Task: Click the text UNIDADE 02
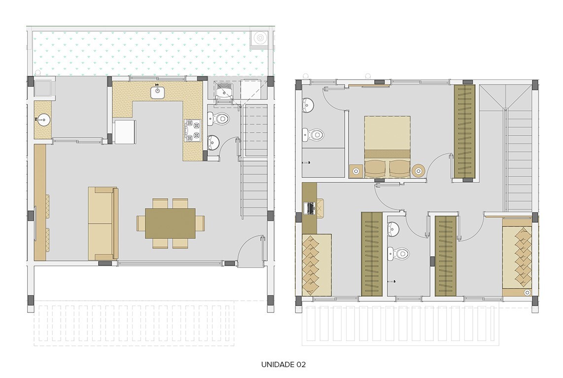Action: (283, 365)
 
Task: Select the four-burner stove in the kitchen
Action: (193, 131)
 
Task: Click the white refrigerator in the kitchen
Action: (124, 132)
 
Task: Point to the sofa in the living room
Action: (103, 223)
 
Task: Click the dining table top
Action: (170, 223)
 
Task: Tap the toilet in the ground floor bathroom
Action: (220, 119)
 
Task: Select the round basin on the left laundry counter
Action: (43, 119)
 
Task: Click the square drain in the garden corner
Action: (259, 37)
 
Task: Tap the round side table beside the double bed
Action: (419, 171)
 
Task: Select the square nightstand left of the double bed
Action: (356, 171)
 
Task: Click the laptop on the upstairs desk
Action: (311, 208)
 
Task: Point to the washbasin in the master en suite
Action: (308, 104)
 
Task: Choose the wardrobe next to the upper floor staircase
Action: (464, 132)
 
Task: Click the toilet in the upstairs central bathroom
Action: (399, 254)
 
